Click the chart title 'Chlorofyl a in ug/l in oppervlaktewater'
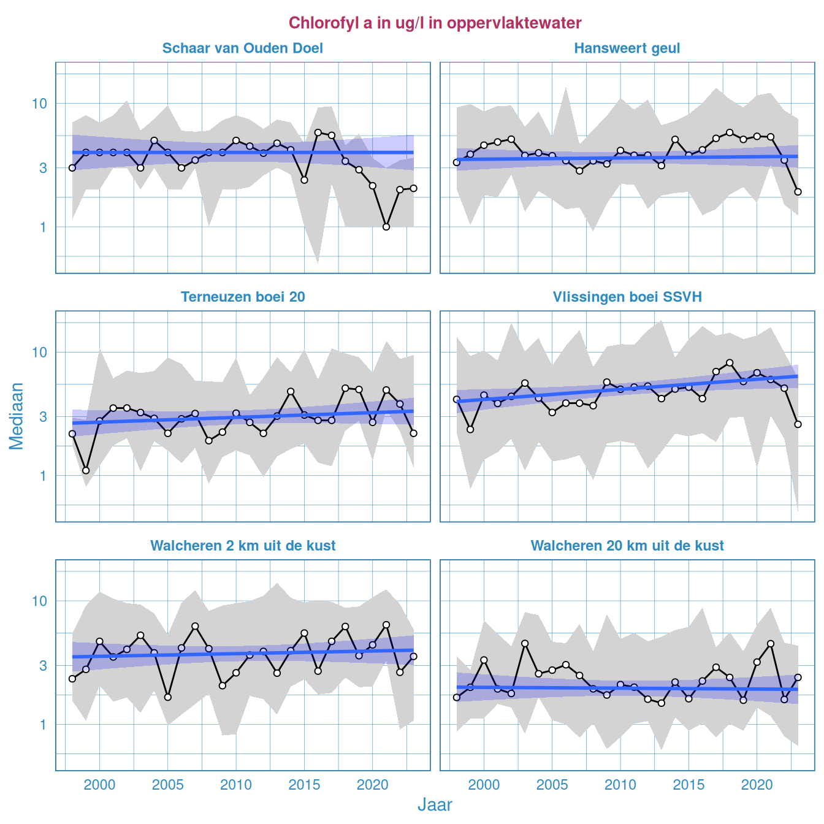click(435, 23)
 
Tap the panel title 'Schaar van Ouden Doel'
click(242, 48)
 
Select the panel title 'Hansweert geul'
click(627, 48)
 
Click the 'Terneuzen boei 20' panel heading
click(242, 297)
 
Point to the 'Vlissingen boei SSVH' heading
click(627, 297)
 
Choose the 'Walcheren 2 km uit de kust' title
click(242, 546)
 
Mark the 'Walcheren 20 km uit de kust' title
click(627, 546)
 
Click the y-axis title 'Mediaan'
click(17, 416)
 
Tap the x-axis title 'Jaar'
click(435, 805)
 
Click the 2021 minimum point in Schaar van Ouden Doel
click(386, 227)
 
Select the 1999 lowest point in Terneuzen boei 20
click(86, 471)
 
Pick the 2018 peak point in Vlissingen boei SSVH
click(730, 362)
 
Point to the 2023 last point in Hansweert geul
click(798, 192)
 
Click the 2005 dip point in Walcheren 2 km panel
click(168, 697)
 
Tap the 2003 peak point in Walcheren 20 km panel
click(525, 644)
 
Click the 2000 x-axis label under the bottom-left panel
click(99, 785)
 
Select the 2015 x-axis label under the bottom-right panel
click(689, 785)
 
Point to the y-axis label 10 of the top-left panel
click(39, 103)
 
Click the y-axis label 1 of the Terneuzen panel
click(43, 476)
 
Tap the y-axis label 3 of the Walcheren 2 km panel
click(43, 665)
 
